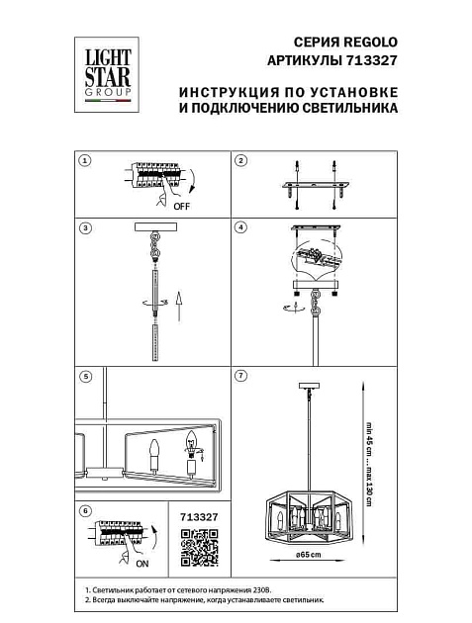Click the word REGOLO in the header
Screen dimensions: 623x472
coord(370,41)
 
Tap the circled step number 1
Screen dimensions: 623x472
coord(85,160)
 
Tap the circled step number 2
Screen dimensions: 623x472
coord(240,160)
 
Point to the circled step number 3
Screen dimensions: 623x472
coord(85,227)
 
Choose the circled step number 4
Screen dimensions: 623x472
coord(240,227)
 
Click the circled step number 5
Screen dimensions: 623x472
coord(85,377)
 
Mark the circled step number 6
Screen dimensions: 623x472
coord(85,510)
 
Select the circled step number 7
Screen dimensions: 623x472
coord(240,377)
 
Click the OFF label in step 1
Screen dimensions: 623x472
coord(181,209)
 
